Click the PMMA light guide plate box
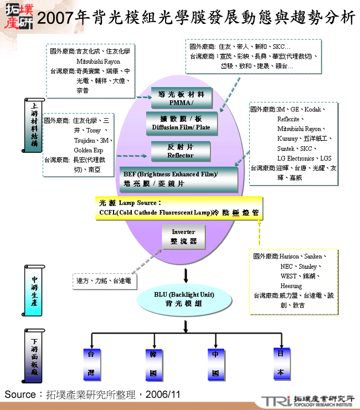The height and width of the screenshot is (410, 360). point(178,98)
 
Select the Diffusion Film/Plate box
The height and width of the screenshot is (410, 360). point(181,122)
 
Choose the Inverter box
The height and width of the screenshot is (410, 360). point(183,237)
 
